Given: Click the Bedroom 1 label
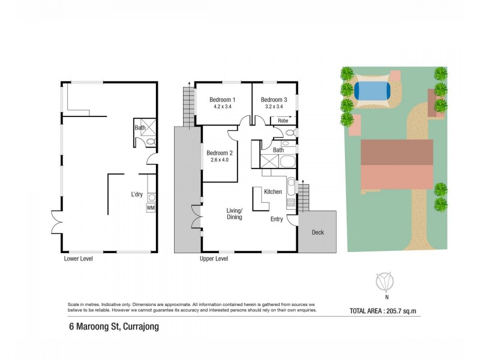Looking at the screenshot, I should coord(221,100).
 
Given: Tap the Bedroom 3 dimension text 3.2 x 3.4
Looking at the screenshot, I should coord(274,107).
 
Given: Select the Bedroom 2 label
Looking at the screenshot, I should coord(218,153).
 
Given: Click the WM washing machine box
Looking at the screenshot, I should coord(151,208).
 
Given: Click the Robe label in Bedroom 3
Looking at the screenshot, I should coord(282,121).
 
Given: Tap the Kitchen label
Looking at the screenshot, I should coord(273,191).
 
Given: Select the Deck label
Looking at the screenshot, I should coord(317,232).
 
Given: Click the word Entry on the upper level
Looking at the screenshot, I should coord(277,219).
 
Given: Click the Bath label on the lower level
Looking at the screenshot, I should coord(140,127).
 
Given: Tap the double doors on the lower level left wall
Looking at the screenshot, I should coord(56,223).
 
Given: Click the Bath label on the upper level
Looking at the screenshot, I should coord(278,150).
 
